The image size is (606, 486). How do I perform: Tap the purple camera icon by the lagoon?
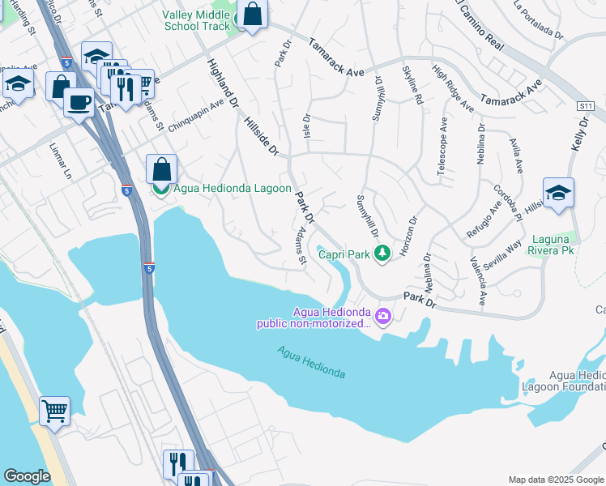point(382,317)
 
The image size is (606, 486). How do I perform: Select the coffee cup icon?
point(79,102)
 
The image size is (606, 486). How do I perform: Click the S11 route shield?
point(586,106)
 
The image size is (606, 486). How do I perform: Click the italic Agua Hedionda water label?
point(311,362)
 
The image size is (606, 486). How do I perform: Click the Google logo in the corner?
point(27,476)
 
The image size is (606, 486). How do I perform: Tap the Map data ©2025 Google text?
point(555,480)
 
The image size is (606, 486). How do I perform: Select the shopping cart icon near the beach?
point(54,411)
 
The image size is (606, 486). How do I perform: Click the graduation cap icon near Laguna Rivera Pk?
point(558,193)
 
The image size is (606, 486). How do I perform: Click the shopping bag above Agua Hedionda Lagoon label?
point(161,169)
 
